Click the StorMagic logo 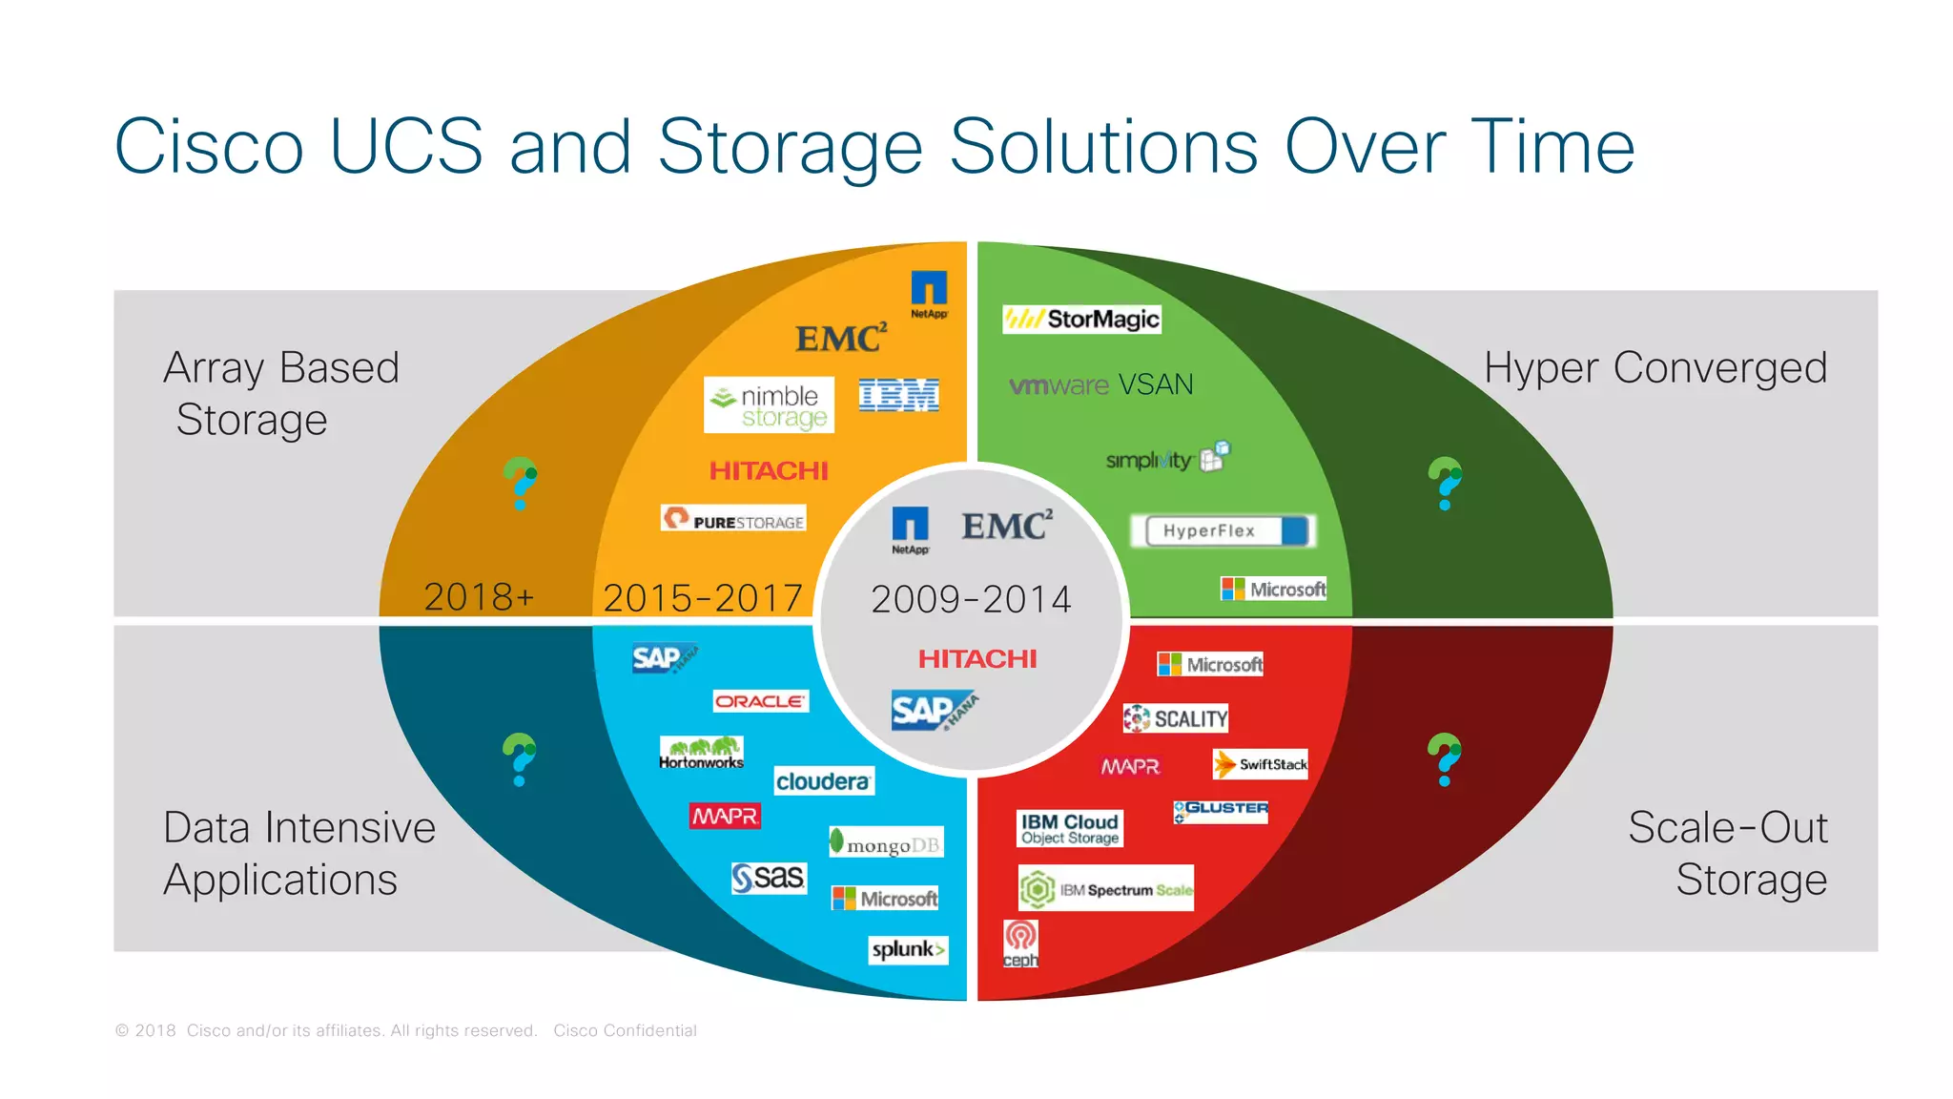pos(1081,319)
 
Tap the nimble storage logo pos(769,405)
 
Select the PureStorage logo pos(733,519)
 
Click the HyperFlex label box pos(1223,530)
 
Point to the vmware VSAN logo pos(1100,384)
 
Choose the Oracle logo pos(760,701)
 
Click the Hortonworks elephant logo pos(701,752)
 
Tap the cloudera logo pos(823,781)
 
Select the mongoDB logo pos(886,842)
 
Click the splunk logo pos(908,949)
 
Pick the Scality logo pos(1175,718)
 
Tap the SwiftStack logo pos(1260,764)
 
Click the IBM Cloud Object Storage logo pos(1069,828)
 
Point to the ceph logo pos(1020,943)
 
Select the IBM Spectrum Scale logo pos(1105,889)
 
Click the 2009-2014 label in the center pos(971,599)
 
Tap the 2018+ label pos(479,597)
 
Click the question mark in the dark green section pos(1445,483)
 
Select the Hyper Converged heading pos(1655,367)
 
